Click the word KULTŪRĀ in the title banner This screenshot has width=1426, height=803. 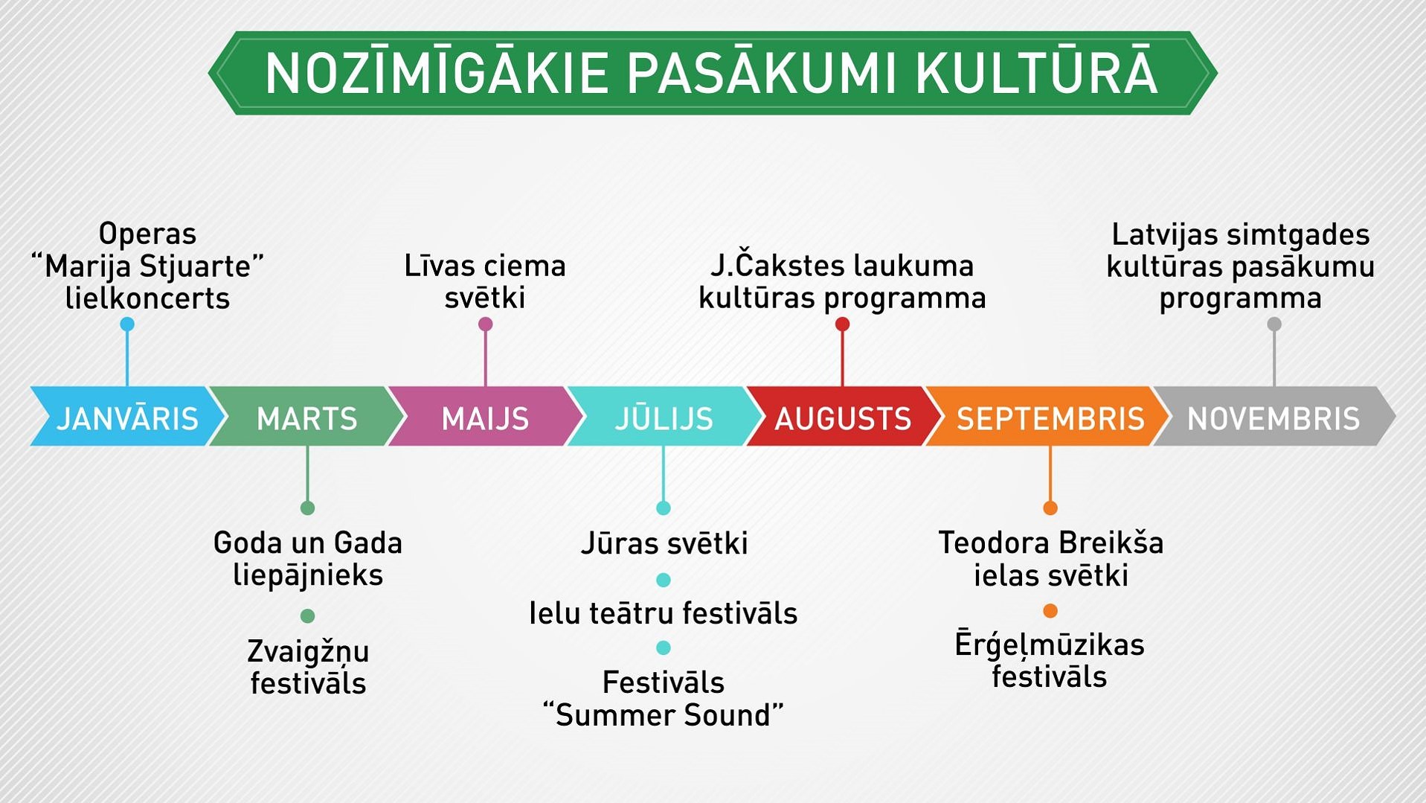[x=1036, y=73]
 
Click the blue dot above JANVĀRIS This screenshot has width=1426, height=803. [x=127, y=324]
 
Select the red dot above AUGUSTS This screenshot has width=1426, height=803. [x=842, y=324]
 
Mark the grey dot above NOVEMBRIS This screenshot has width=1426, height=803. [x=1274, y=324]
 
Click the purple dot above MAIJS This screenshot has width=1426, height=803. [x=486, y=324]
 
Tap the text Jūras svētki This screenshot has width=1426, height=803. [x=664, y=543]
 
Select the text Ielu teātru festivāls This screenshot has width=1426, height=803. [x=664, y=613]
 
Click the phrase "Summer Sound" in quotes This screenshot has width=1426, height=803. [x=664, y=715]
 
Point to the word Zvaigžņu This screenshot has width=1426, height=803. [x=308, y=653]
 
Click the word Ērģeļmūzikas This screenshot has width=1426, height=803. [x=1050, y=645]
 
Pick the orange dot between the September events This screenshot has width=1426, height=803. [x=1050, y=611]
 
